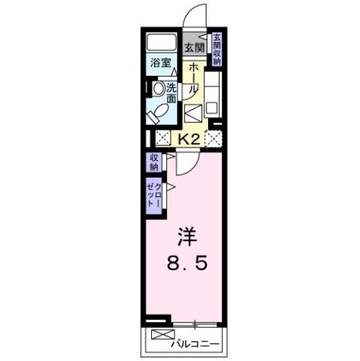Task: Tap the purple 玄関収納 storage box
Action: (216, 50)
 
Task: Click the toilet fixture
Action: (159, 114)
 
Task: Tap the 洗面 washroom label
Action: (171, 93)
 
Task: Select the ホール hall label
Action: (194, 77)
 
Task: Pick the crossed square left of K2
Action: (162, 138)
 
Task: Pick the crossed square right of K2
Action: (214, 138)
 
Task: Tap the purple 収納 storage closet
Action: (153, 162)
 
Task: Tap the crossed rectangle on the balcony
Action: (162, 335)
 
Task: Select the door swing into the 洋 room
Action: (185, 165)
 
